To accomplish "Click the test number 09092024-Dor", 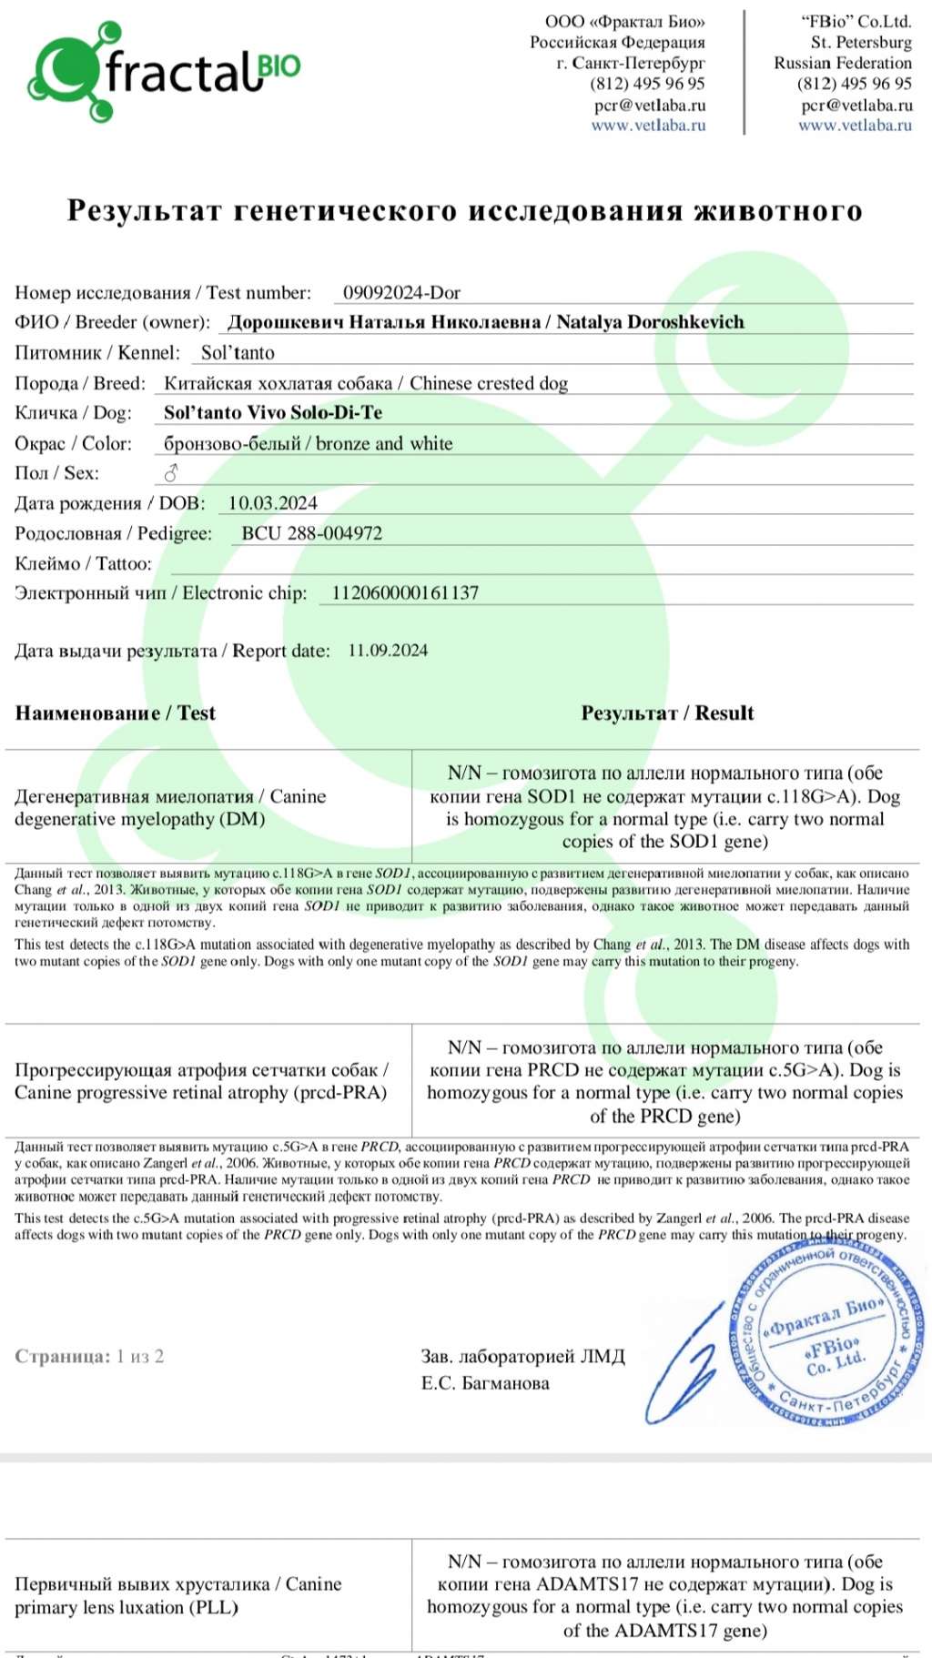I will (x=401, y=293).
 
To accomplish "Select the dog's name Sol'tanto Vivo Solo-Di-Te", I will (x=273, y=412).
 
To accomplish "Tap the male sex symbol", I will (x=170, y=473).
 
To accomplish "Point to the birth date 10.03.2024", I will (x=272, y=503).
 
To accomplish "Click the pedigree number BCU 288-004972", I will (x=311, y=533).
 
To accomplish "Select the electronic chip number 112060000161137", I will (x=405, y=592).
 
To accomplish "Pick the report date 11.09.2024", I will (x=388, y=651).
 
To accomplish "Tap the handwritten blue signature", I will (x=684, y=1365).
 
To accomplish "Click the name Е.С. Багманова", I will (x=485, y=1383).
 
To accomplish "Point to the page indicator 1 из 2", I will (x=140, y=1356).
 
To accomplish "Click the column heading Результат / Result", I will (x=667, y=713).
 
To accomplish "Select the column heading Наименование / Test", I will (x=115, y=713).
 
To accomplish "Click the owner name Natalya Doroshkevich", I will (x=650, y=322).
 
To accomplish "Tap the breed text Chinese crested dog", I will (x=489, y=383).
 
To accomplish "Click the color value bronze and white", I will (x=384, y=443).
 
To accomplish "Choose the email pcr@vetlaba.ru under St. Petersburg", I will (x=856, y=105).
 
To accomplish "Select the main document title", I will (x=465, y=210).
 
